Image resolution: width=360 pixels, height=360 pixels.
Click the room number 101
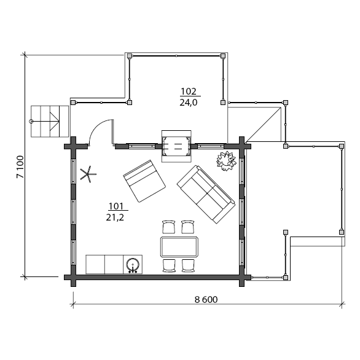[116, 206]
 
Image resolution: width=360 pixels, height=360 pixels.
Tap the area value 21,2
[115, 217]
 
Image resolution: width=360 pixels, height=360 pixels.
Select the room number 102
[189, 92]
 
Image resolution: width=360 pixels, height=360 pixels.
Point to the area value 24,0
[189, 103]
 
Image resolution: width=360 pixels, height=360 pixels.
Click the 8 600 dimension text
[206, 300]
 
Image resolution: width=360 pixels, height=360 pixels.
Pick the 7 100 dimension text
[20, 167]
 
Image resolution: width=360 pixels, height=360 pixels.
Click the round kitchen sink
[133, 265]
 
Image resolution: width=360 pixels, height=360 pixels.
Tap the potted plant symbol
[226, 161]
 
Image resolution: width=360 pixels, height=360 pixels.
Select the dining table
[179, 247]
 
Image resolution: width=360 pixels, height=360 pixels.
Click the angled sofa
[206, 195]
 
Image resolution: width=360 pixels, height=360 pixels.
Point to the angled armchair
[144, 181]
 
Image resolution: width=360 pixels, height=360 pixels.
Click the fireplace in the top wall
[176, 146]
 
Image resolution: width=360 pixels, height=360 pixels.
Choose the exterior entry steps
[50, 122]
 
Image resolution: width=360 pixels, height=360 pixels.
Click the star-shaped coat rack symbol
[88, 174]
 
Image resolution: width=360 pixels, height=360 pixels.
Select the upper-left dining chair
[169, 227]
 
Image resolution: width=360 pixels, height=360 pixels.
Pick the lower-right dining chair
[188, 265]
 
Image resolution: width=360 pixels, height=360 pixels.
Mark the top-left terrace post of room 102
[130, 56]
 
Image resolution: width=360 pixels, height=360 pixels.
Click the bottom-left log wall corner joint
[73, 277]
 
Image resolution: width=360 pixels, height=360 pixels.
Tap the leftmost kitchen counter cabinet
[95, 264]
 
